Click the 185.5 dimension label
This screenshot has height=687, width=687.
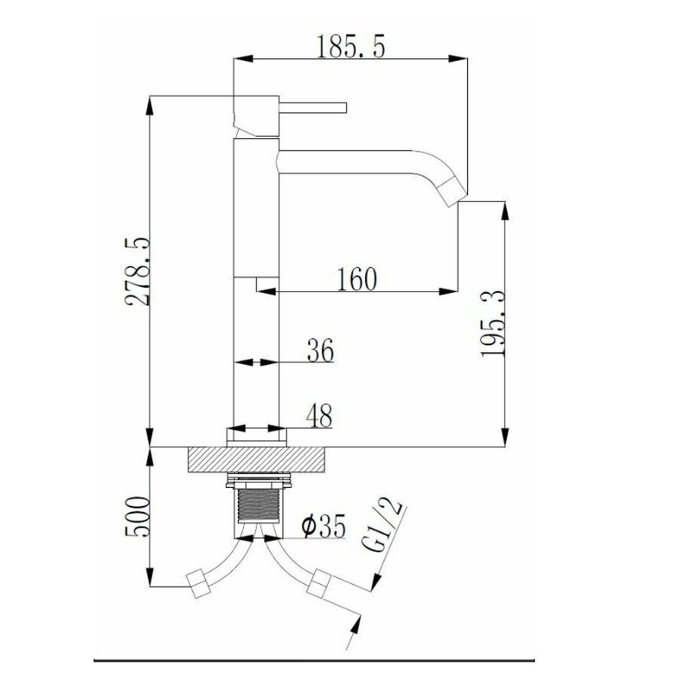click(350, 47)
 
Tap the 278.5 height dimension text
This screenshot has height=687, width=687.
click(137, 272)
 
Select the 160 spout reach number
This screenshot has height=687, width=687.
click(356, 279)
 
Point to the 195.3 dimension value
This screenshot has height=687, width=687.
click(493, 324)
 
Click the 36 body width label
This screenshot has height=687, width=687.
click(321, 350)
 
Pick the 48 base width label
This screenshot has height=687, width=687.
click(319, 415)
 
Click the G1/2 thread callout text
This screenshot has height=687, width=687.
click(382, 525)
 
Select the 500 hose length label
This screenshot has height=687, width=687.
click(137, 516)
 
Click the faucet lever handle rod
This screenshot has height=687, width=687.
click(313, 108)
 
